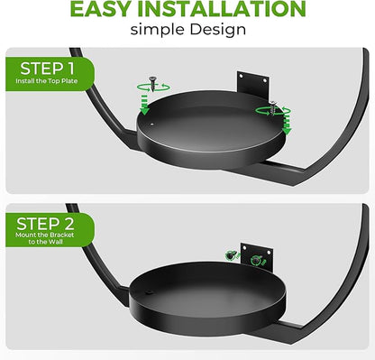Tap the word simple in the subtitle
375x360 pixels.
[157, 30]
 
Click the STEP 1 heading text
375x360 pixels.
[47, 69]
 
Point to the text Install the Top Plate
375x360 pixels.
[47, 81]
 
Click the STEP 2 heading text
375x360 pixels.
[45, 224]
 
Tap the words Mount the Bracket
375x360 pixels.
[45, 235]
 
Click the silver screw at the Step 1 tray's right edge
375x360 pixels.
[273, 107]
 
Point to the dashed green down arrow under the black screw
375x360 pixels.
[145, 105]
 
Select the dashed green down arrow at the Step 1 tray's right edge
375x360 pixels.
[287, 125]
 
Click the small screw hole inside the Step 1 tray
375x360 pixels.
[152, 124]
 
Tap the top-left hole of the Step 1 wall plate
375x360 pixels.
[242, 77]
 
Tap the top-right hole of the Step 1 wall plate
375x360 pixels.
[265, 80]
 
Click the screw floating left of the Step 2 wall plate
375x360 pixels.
[232, 255]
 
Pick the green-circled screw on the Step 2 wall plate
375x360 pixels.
[256, 259]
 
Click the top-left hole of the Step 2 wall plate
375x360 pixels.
[245, 247]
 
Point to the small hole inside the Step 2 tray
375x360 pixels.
[148, 292]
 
